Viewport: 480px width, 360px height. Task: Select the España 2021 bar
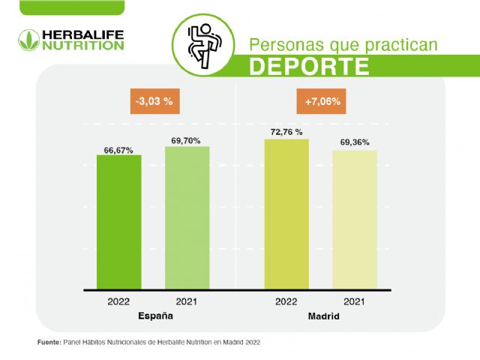click(187, 217)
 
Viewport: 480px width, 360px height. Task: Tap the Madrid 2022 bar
click(286, 214)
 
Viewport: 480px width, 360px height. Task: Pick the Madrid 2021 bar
click(355, 219)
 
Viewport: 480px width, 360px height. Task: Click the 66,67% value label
click(118, 150)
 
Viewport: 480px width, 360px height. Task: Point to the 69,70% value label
click(187, 141)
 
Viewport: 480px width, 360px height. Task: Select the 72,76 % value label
click(286, 133)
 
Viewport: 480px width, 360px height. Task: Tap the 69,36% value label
click(355, 142)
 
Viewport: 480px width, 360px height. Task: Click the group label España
click(155, 316)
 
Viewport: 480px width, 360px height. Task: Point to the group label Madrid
click(323, 317)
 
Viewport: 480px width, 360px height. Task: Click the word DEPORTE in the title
click(309, 66)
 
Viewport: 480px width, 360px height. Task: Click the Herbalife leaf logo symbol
click(28, 39)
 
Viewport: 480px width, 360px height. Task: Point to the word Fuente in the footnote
click(49, 342)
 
